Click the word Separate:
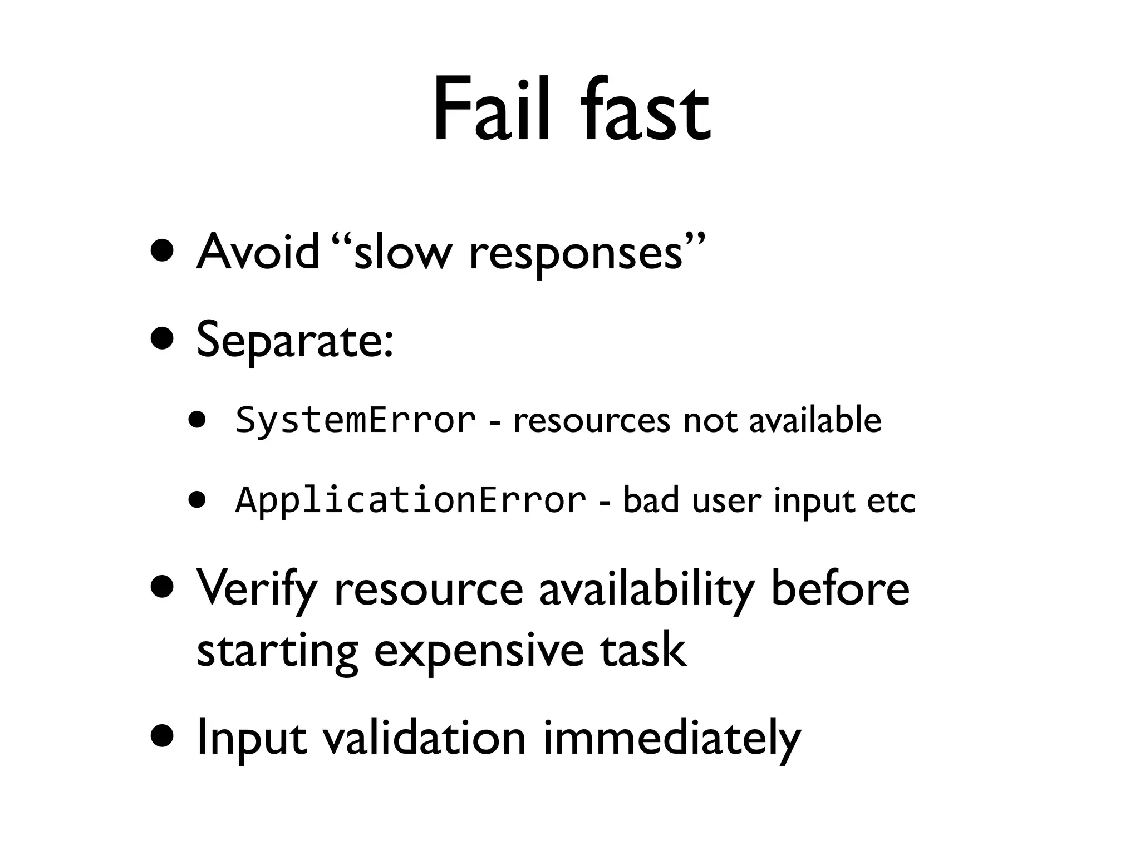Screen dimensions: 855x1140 pyautogui.click(x=296, y=341)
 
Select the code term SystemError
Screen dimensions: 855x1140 pyautogui.click(x=356, y=420)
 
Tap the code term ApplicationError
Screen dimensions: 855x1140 pyautogui.click(x=411, y=500)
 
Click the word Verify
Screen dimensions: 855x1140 pyautogui.click(x=257, y=590)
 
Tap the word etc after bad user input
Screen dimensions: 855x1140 pyautogui.click(x=891, y=501)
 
